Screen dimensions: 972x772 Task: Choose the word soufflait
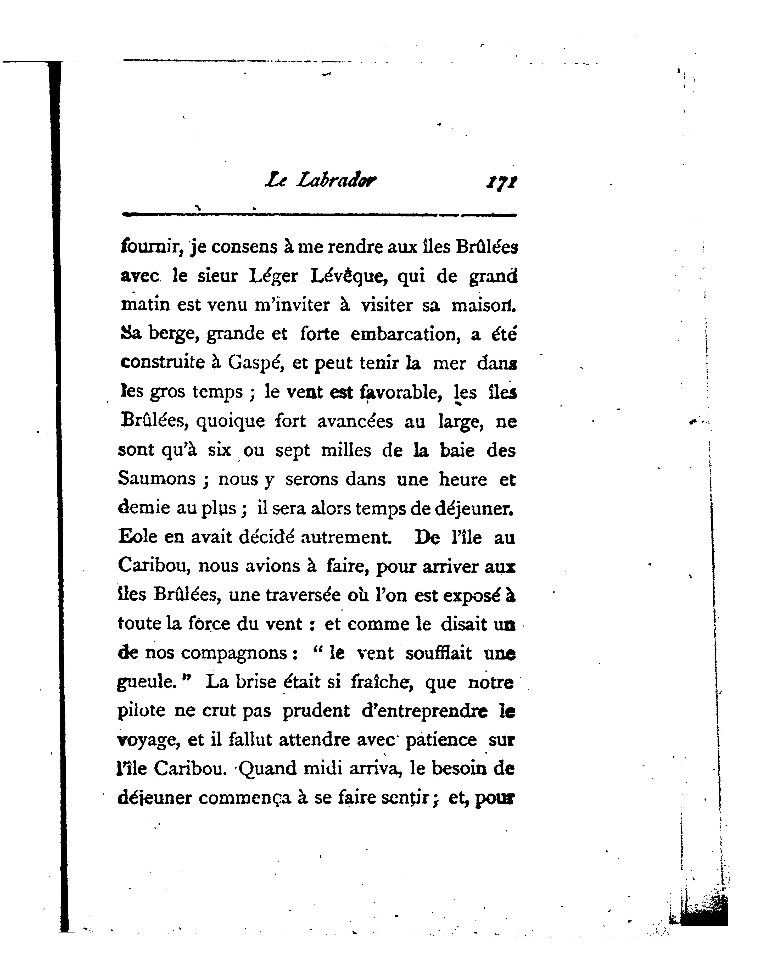[438, 653]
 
